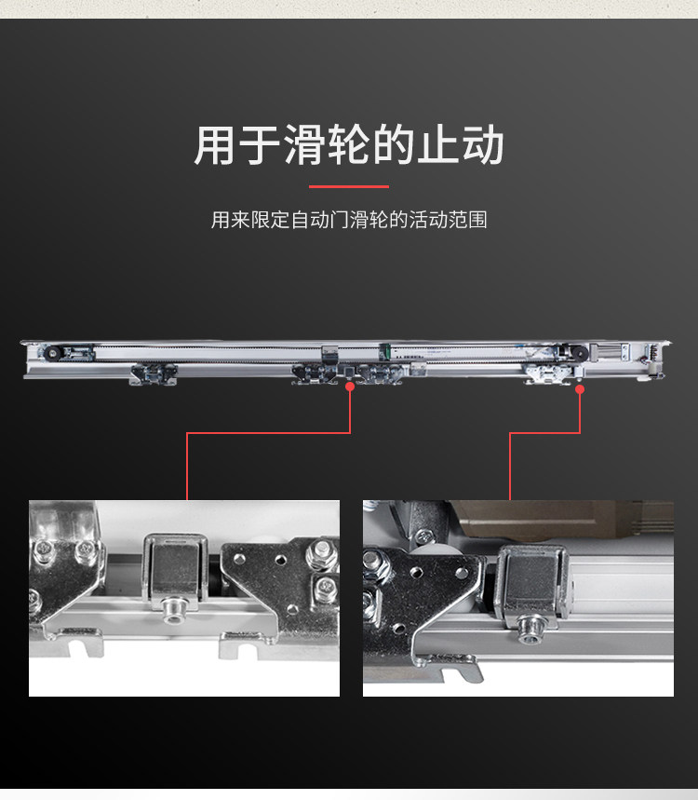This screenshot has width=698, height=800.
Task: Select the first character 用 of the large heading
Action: coord(216,146)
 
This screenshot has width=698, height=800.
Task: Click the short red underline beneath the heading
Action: coord(348,187)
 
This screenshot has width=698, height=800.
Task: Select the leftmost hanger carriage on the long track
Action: coord(153,373)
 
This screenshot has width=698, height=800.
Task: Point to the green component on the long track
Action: coord(383,352)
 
